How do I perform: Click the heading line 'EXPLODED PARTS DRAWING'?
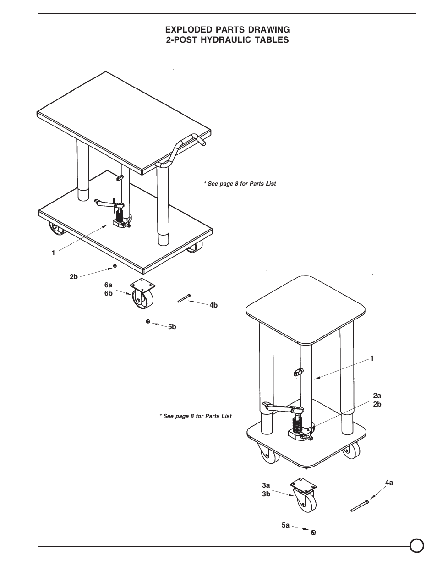point(227,30)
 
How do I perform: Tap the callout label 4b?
point(213,305)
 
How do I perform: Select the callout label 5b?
point(172,327)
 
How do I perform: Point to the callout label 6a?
point(108,285)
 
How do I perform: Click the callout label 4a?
point(389,483)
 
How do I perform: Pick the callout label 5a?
point(286,525)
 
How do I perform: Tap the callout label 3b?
point(266,494)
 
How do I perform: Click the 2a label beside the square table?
point(377,395)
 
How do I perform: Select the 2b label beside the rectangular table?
point(74,277)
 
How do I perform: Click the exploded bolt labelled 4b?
point(183,299)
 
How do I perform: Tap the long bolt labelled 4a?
point(360,506)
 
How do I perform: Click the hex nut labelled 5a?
point(314,532)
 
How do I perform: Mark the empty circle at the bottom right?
point(416,545)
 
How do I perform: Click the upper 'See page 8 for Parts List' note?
point(240,184)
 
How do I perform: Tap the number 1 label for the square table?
point(372,358)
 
